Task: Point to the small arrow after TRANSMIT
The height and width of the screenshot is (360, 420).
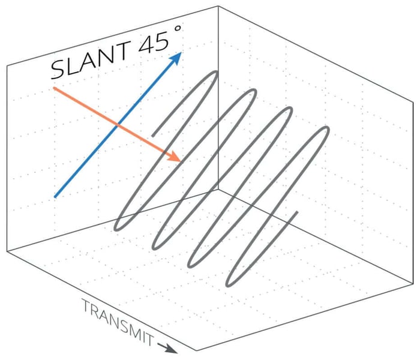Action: (x=167, y=346)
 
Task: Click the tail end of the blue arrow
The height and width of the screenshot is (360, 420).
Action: (x=55, y=196)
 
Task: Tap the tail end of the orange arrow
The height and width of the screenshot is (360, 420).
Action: (x=54, y=89)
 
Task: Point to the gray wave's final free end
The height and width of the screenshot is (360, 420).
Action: (x=298, y=212)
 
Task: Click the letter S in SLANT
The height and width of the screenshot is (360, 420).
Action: (x=58, y=70)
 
